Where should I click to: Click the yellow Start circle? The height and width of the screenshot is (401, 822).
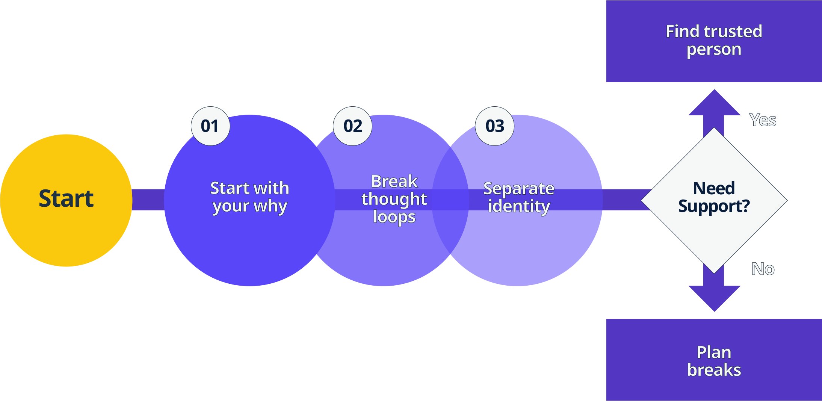[66, 200]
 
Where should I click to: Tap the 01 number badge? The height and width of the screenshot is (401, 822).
[210, 126]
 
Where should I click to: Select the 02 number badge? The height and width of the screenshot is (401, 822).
[352, 126]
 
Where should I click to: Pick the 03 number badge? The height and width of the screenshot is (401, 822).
[494, 126]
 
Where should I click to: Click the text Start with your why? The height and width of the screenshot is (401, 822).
[249, 197]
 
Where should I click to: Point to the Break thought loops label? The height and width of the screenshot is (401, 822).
[394, 199]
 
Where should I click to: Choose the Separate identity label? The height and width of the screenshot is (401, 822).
[518, 197]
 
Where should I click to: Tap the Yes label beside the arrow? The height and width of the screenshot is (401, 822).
[763, 120]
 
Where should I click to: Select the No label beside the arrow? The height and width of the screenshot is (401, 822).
[763, 269]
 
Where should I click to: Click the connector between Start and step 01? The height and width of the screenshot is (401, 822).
[148, 200]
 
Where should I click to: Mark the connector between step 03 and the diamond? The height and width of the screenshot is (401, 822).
[624, 200]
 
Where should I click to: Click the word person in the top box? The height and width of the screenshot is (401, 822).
[714, 50]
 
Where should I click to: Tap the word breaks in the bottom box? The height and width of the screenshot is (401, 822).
[714, 370]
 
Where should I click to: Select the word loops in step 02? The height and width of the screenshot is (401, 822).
[394, 217]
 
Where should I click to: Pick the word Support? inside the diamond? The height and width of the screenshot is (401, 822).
[714, 206]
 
